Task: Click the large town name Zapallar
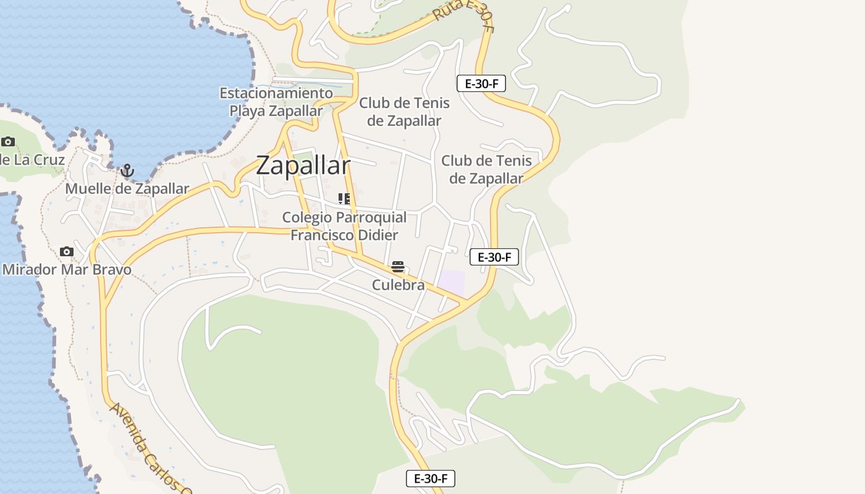click(x=303, y=165)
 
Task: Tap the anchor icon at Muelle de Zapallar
click(x=127, y=170)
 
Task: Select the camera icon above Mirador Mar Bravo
click(x=67, y=251)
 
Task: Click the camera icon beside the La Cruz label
click(x=8, y=141)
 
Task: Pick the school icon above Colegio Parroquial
click(x=344, y=199)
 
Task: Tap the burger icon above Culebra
click(x=398, y=267)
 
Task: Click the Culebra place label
click(x=398, y=285)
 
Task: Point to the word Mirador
click(x=30, y=270)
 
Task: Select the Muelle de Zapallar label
click(x=127, y=189)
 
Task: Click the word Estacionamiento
click(x=276, y=93)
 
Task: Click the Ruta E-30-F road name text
click(x=463, y=15)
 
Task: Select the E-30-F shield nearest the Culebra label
click(x=494, y=257)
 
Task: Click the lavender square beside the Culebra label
click(x=451, y=283)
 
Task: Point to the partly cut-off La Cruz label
click(x=32, y=160)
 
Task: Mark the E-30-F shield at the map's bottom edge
click(x=430, y=479)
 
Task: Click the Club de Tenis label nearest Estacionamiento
click(x=404, y=112)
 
